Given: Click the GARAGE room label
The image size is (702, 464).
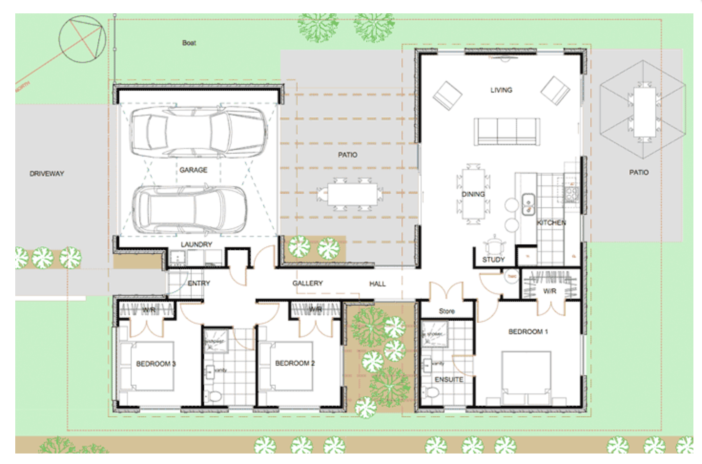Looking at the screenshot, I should pyautogui.click(x=193, y=170).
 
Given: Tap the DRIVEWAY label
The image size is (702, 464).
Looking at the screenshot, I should pyautogui.click(x=47, y=174).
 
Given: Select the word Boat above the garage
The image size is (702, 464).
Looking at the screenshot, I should pyautogui.click(x=189, y=43).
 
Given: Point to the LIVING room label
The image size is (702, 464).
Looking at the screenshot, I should pyautogui.click(x=501, y=90).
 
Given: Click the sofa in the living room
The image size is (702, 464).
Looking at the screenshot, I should pyautogui.click(x=507, y=131).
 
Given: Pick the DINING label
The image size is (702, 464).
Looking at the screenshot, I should pyautogui.click(x=473, y=194).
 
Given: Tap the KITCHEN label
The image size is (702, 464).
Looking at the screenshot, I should pyautogui.click(x=551, y=223).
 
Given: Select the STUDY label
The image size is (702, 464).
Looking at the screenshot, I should pyautogui.click(x=493, y=260).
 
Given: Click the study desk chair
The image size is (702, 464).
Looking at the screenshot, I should pyautogui.click(x=494, y=246).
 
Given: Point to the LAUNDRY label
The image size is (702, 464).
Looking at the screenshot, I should pyautogui.click(x=196, y=244).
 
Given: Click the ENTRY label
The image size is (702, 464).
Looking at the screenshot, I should pyautogui.click(x=199, y=284).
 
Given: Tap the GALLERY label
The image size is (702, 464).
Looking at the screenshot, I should pyautogui.click(x=308, y=284).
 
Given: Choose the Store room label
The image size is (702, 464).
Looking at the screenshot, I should pyautogui.click(x=447, y=311).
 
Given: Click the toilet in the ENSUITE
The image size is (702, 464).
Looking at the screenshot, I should pyautogui.click(x=432, y=393).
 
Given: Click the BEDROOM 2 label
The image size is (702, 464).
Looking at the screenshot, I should pyautogui.click(x=295, y=363).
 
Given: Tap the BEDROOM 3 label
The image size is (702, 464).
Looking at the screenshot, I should pyautogui.click(x=156, y=364).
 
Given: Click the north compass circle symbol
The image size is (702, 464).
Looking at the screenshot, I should pyautogui.click(x=82, y=40).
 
